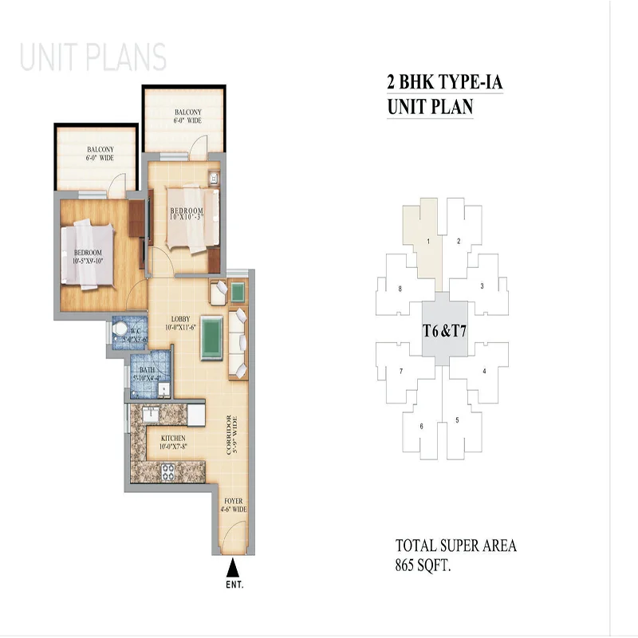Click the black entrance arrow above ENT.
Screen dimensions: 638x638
click(233, 568)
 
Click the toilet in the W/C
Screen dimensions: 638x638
click(120, 329)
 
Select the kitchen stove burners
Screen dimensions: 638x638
click(169, 471)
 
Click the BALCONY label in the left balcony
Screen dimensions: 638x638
click(100, 153)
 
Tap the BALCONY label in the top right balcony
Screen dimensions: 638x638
click(187, 115)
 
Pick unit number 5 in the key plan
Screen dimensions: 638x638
click(457, 420)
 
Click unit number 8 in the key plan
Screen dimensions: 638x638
click(387, 288)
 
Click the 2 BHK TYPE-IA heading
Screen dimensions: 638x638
click(443, 81)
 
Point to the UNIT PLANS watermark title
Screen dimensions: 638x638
click(93, 58)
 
